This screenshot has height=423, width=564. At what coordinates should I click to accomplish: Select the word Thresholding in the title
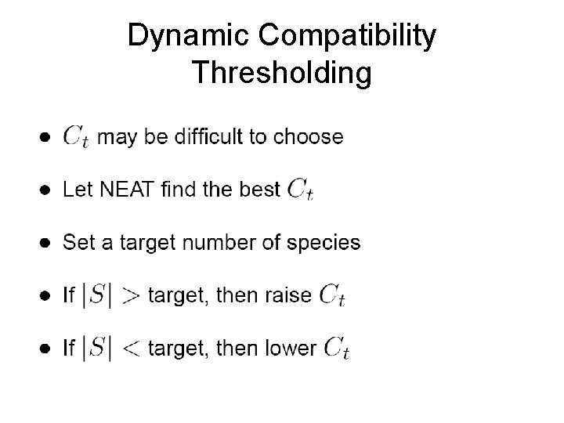[x=282, y=73]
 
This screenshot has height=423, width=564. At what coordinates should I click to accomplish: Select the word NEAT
[x=117, y=189]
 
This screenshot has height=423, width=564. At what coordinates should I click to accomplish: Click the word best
[x=261, y=189]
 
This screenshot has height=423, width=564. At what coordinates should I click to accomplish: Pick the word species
[x=324, y=243]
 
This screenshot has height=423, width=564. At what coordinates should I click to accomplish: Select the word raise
[x=289, y=295]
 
